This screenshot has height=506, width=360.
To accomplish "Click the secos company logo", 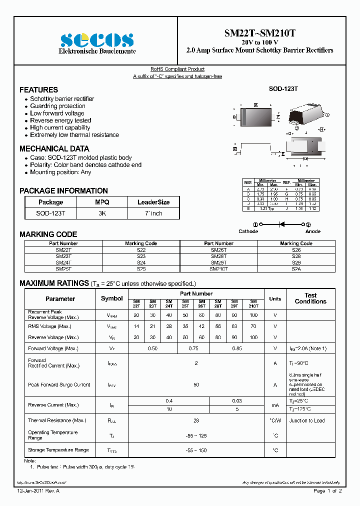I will [97, 39].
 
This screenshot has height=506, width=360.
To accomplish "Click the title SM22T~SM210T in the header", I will [259, 33].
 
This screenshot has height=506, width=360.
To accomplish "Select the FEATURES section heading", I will [38, 90].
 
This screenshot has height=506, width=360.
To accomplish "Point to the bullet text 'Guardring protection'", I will [57, 106].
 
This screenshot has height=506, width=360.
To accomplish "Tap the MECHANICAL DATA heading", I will [54, 148].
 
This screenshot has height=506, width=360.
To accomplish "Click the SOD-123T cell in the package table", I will [50, 213].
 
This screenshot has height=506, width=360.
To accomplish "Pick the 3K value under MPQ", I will [101, 213].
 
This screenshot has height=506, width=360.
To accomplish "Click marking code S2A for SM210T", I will [296, 268].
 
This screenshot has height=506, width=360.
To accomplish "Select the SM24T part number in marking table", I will [63, 262].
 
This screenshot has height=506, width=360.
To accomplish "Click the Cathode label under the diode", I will [248, 231].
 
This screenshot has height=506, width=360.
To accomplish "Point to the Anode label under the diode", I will [313, 231].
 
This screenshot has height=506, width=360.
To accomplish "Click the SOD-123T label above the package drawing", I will [283, 88].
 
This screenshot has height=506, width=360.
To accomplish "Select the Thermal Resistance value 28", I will [196, 420].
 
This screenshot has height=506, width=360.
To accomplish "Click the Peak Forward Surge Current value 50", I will [196, 384].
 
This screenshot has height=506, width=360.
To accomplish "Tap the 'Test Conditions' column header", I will [310, 298].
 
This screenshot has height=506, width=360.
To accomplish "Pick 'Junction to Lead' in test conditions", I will [306, 420].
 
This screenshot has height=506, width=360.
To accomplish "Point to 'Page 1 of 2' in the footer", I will [327, 491].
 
